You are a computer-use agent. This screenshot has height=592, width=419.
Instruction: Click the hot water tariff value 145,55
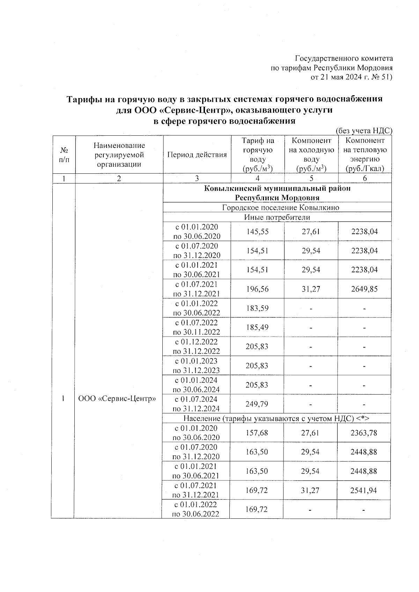click(x=258, y=232)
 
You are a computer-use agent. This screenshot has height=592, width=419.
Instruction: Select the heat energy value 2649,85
click(x=365, y=289)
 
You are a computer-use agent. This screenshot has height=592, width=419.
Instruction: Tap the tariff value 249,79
click(x=258, y=404)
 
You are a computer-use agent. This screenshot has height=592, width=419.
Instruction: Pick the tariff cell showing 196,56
click(x=258, y=289)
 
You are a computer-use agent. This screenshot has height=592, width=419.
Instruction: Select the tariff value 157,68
click(x=257, y=433)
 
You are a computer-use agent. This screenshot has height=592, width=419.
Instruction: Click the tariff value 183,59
click(x=258, y=308)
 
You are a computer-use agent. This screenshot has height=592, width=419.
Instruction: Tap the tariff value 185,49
click(x=258, y=328)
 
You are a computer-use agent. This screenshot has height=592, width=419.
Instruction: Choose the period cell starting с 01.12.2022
click(x=197, y=346)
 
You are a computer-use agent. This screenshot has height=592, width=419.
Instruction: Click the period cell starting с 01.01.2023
click(x=197, y=366)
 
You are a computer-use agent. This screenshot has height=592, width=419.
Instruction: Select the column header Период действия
click(x=197, y=155)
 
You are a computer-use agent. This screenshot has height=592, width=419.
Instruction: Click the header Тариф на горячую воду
click(x=258, y=155)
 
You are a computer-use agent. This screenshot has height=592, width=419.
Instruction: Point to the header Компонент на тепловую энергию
click(x=365, y=155)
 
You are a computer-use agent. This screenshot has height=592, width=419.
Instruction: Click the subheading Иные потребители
click(x=277, y=217)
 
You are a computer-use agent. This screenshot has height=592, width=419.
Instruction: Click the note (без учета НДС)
click(x=364, y=131)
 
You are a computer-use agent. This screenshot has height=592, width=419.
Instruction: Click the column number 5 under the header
click(x=311, y=179)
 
